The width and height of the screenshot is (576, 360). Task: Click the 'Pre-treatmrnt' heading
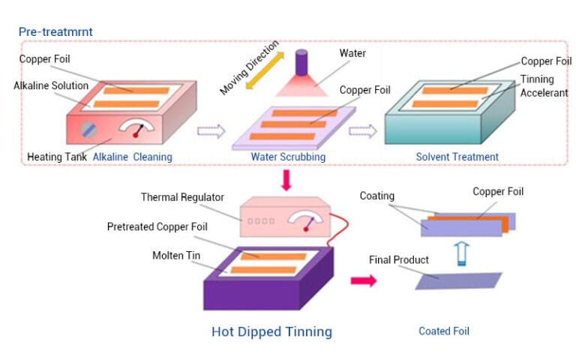[x=55, y=32]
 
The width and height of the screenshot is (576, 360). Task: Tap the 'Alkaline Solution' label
[x=51, y=85]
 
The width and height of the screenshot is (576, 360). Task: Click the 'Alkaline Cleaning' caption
[x=132, y=157]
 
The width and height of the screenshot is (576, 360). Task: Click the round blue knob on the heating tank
[x=88, y=130]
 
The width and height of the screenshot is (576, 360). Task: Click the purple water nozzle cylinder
[x=301, y=63]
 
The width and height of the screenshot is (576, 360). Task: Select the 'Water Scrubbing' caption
[x=288, y=157]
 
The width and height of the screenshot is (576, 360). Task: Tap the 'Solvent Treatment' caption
[x=457, y=157]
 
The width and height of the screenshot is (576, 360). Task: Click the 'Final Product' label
[x=399, y=259]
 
